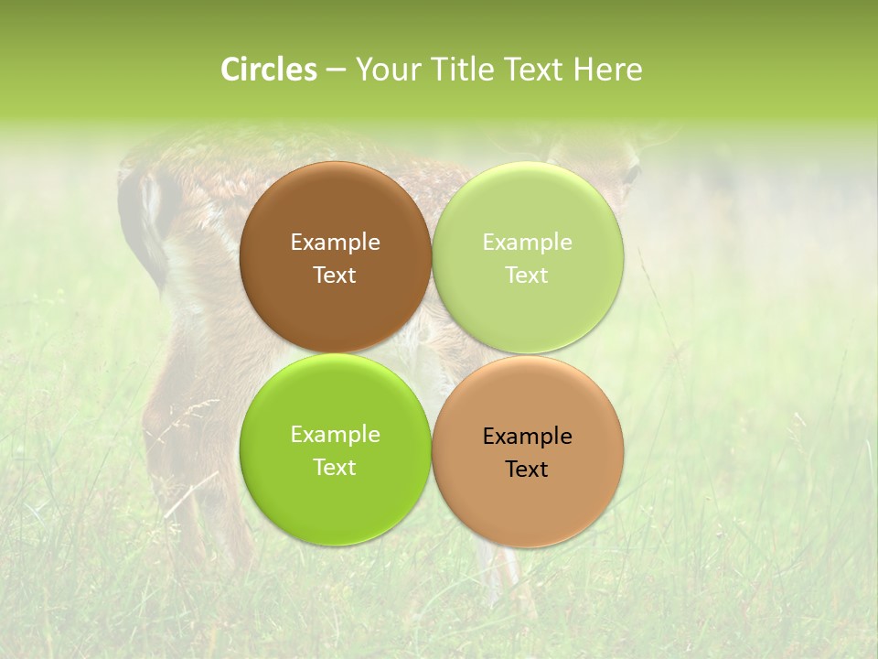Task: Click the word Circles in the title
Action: tap(268, 70)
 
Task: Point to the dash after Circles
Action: tap(336, 70)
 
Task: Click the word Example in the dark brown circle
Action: tap(335, 243)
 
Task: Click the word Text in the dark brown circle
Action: tap(335, 275)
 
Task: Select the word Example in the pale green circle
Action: tap(527, 243)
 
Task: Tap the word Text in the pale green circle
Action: tap(527, 275)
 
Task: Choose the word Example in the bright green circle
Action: tap(335, 435)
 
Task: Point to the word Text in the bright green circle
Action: tap(335, 468)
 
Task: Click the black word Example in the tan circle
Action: tap(527, 437)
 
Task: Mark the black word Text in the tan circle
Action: tap(527, 470)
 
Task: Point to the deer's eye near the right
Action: tap(630, 171)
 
